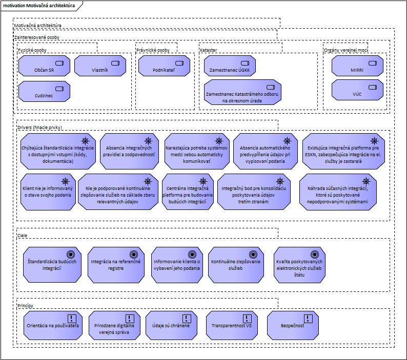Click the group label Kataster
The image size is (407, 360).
(x=209, y=50)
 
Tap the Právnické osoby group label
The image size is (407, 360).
(x=153, y=50)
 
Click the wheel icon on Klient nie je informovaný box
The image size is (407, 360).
(x=66, y=181)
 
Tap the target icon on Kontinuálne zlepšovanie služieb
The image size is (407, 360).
(x=252, y=253)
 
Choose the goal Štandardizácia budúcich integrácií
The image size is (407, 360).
(x=51, y=264)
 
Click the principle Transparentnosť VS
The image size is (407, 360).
(x=232, y=325)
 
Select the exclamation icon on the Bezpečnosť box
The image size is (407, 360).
(x=308, y=318)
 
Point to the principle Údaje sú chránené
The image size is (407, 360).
(x=171, y=325)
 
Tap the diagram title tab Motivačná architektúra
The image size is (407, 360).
(x=38, y=6)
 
